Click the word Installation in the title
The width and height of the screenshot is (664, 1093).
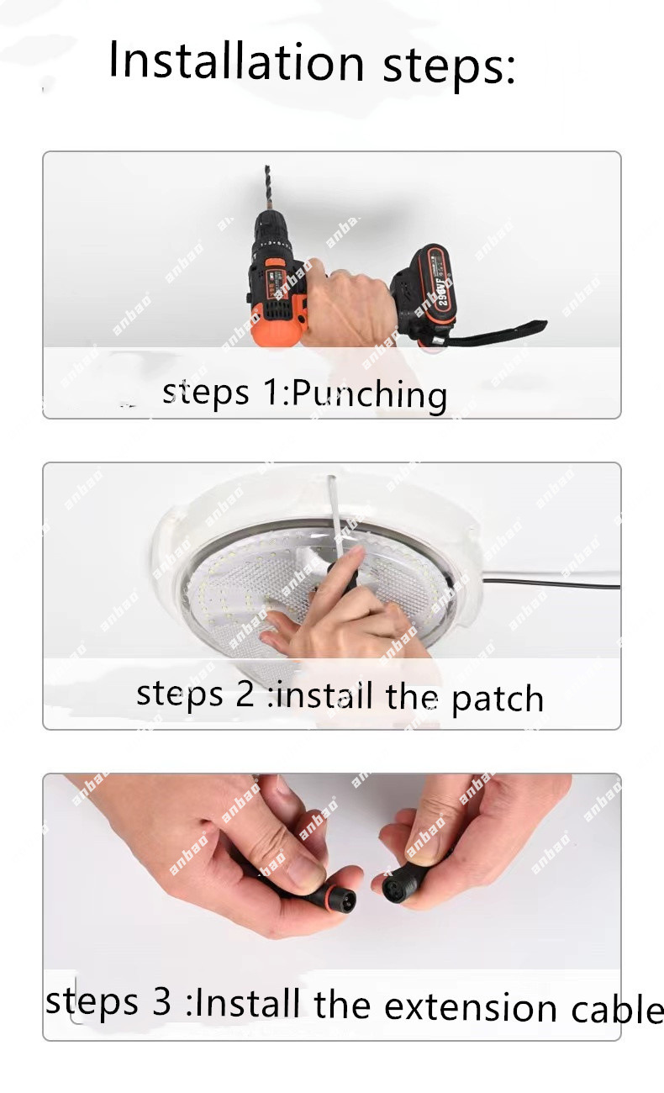coord(237,61)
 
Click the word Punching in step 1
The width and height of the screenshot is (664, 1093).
coord(369,394)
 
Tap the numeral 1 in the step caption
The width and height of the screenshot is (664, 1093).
coord(271,392)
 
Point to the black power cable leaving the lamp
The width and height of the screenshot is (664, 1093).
coord(551,583)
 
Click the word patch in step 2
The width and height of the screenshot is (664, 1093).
coord(497,700)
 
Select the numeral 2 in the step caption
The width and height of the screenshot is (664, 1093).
coord(245,693)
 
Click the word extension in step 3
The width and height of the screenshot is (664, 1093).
coord(471,1006)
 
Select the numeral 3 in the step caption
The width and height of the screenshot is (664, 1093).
coord(161,1001)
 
